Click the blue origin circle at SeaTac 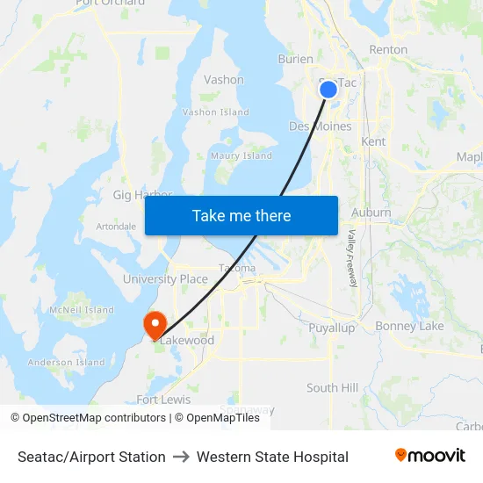tap(328, 89)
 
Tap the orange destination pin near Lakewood tap(155, 324)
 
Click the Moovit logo tap(429, 456)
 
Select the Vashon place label tap(224, 80)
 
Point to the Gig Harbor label tap(142, 195)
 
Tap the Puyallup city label tap(332, 328)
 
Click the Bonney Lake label tap(409, 327)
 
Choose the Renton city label tap(388, 50)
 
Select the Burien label tap(295, 60)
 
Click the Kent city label tap(373, 141)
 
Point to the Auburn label tap(371, 213)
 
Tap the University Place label tap(165, 279)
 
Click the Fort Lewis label tap(163, 400)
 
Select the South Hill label tap(332, 387)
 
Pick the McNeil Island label tap(82, 310)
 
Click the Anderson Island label tap(66, 362)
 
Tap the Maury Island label tap(241, 156)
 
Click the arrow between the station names tap(181, 457)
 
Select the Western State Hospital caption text tap(272, 457)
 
